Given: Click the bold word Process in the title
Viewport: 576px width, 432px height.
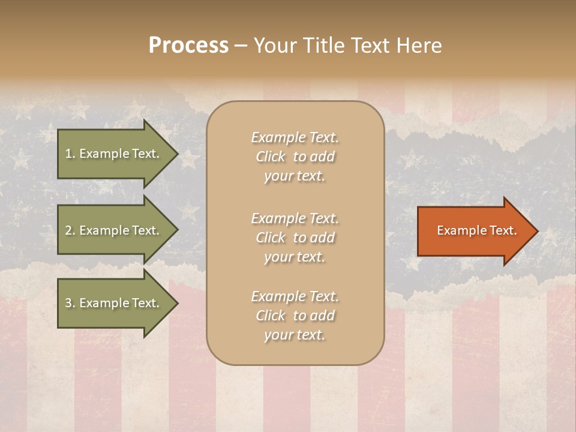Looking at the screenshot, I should pyautogui.click(x=188, y=46).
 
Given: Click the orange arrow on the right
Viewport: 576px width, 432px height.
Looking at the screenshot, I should pyautogui.click(x=474, y=231).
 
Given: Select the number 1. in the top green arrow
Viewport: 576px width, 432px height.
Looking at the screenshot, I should pyautogui.click(x=70, y=154).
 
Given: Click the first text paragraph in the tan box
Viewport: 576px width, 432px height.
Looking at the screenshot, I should pyautogui.click(x=295, y=157).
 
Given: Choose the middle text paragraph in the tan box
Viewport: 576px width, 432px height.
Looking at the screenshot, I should pyautogui.click(x=295, y=238).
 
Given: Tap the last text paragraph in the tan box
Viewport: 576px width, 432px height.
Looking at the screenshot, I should pyautogui.click(x=295, y=316).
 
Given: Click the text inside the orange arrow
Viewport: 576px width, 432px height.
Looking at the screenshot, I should pyautogui.click(x=476, y=230).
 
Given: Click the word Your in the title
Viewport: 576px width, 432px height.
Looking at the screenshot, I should pyautogui.click(x=275, y=46).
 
